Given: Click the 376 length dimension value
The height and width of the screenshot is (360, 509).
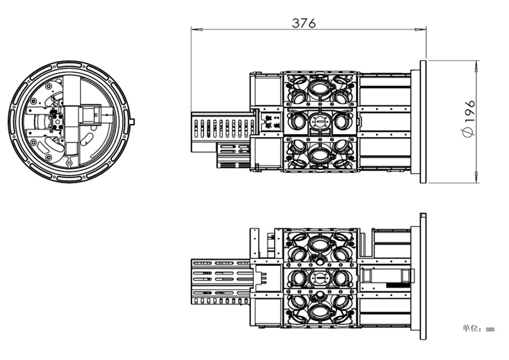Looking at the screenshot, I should tap(303, 22).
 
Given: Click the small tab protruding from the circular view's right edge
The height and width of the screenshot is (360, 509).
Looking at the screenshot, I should tap(133, 121).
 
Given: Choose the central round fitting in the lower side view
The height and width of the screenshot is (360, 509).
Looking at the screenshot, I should tap(319, 278).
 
